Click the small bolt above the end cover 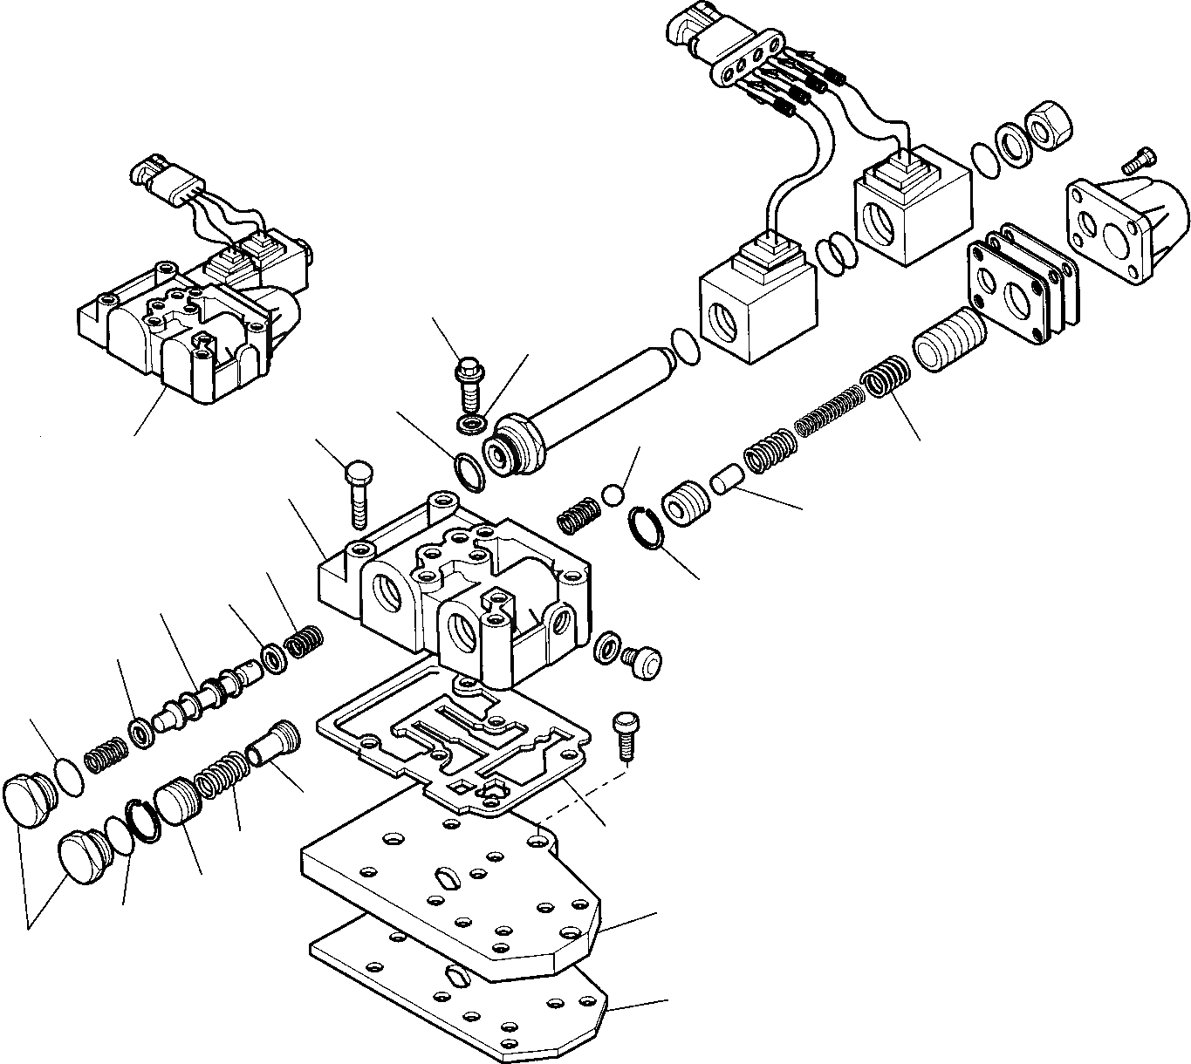[x=1134, y=160]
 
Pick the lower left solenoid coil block [x=757, y=305]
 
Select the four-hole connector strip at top [x=745, y=62]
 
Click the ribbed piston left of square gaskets [x=949, y=342]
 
